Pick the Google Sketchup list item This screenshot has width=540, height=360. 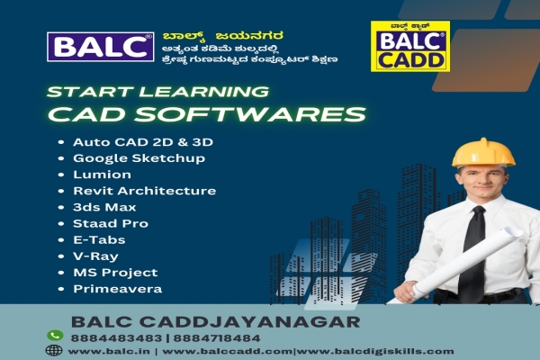(x=139, y=157)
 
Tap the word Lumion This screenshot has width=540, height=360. (x=102, y=174)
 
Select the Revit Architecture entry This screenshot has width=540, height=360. (x=144, y=191)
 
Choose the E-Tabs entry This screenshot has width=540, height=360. (x=99, y=239)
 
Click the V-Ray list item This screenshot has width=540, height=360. (x=94, y=256)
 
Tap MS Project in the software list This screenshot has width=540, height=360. (x=114, y=272)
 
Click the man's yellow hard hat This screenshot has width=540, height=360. (x=482, y=152)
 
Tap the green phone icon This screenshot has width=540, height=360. (x=54, y=335)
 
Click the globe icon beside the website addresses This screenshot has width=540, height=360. (x=54, y=350)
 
